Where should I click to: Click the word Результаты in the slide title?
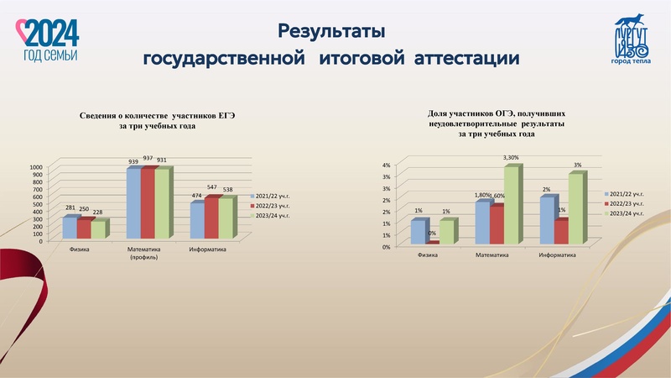330,32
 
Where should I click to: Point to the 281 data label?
70,209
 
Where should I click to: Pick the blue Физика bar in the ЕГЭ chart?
70,228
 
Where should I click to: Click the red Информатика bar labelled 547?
212,218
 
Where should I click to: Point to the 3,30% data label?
512,158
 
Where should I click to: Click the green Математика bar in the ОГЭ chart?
512,205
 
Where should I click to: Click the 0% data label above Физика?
432,234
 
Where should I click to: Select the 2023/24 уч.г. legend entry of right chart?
627,214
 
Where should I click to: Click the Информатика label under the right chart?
557,255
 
